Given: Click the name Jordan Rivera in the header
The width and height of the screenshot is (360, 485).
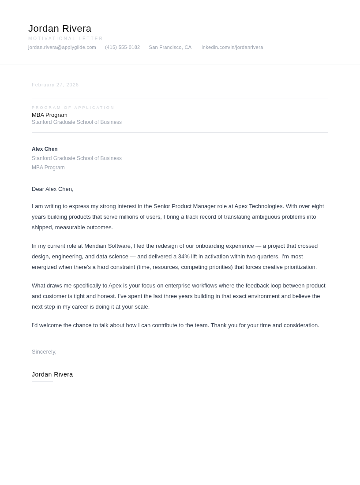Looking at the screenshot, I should click(x=60, y=29).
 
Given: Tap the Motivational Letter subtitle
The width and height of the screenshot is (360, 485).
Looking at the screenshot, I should click(x=66, y=39).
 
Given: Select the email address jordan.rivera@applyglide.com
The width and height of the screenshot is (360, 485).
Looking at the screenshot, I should click(x=62, y=47).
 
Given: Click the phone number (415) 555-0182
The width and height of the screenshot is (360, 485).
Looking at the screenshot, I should click(x=122, y=47).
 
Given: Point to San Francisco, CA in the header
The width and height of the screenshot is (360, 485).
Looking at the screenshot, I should click(x=170, y=47).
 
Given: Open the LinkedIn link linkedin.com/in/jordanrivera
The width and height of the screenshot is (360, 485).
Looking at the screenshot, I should click(x=232, y=47).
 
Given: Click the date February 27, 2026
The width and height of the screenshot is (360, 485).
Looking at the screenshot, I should click(x=55, y=85).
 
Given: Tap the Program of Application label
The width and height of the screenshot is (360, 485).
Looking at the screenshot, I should click(x=73, y=108).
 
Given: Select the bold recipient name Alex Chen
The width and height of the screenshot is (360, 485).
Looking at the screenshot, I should click(x=45, y=149).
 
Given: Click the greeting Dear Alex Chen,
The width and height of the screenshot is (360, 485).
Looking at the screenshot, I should click(x=52, y=189).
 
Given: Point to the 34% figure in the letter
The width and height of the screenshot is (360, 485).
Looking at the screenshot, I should click(x=184, y=257).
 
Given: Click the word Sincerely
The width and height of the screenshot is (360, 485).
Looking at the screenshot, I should click(x=44, y=352).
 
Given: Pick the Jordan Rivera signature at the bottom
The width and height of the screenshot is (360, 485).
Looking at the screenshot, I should click(x=52, y=374).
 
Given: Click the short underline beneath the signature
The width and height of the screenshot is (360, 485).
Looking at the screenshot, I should click(x=42, y=381).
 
